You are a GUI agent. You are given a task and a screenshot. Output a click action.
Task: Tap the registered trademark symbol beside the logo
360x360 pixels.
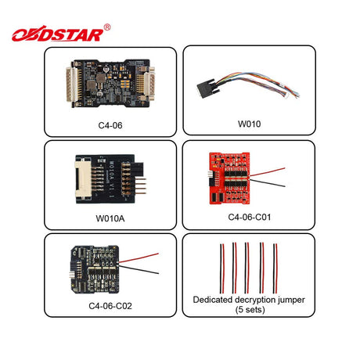click(107, 27)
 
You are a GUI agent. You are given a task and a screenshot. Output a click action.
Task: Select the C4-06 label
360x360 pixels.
click(110, 125)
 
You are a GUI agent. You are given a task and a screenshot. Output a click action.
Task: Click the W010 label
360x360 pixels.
click(249, 124)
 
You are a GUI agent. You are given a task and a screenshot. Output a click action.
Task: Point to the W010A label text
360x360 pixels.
click(110, 218)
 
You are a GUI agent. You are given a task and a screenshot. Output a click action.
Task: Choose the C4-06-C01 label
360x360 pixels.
click(250, 217)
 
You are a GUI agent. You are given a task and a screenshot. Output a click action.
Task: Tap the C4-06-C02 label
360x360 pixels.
click(110, 306)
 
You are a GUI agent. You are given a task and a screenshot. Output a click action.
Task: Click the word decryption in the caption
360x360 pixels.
click(253, 300)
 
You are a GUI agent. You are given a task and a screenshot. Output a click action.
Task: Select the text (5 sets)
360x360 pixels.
click(250, 310)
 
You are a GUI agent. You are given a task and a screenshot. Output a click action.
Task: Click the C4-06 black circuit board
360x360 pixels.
click(111, 83)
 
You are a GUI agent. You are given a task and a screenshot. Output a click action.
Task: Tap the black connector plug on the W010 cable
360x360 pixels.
click(208, 88)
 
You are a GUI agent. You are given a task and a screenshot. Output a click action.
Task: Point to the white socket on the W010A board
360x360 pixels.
click(84, 180)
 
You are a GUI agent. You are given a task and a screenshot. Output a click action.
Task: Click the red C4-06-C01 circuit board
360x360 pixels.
click(229, 178)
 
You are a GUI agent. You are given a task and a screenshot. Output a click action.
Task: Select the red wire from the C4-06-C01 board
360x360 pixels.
click(267, 172)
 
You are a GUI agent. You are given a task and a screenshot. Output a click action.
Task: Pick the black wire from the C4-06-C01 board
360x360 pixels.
click(267, 182)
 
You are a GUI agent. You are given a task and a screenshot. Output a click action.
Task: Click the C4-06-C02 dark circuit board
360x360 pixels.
click(95, 269)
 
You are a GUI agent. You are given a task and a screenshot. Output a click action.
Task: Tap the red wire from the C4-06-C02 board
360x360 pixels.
click(139, 257)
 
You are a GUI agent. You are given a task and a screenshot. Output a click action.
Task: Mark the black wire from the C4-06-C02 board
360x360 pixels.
click(139, 269)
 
